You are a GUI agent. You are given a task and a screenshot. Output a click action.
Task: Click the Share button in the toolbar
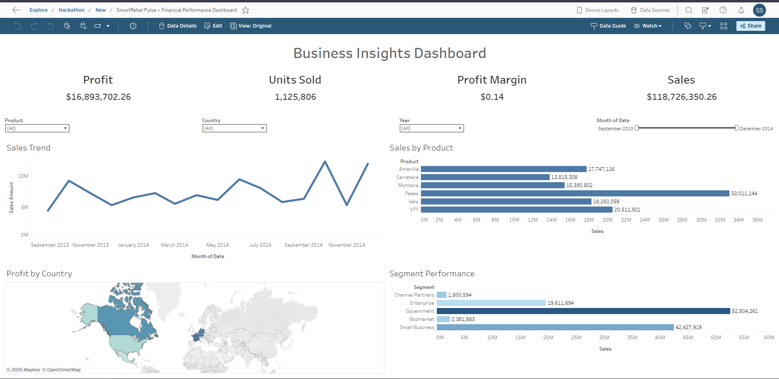pos(751,26)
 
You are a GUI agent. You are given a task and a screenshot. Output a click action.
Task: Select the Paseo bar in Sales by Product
pos(575,194)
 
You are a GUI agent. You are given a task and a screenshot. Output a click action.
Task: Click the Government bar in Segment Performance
pos(583,311)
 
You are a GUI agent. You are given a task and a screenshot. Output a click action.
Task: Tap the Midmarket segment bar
pos(443,319)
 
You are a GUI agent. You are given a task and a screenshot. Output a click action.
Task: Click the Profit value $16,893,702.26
pos(98,97)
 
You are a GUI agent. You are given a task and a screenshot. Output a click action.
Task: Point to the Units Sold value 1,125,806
pos(295,97)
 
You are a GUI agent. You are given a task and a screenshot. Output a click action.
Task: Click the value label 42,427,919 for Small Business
pos(688,327)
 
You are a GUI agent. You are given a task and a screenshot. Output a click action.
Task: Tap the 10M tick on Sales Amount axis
pos(23,176)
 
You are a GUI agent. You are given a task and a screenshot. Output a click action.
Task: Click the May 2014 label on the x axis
pos(217,245)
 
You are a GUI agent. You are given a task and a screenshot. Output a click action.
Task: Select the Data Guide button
pos(609,26)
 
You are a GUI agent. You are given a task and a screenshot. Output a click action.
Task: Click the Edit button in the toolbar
pos(213,26)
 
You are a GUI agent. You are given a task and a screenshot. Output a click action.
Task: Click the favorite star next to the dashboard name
pos(246,10)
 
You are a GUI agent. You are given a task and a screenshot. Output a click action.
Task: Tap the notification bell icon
pos(741,10)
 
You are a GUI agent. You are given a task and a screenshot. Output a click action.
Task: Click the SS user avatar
pos(759,10)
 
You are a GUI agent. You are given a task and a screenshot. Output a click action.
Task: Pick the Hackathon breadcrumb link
pos(71,10)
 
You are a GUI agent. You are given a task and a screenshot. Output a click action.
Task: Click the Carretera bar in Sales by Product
pos(485,177)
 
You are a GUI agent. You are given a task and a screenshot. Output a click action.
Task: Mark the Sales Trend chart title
pos(28,148)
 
